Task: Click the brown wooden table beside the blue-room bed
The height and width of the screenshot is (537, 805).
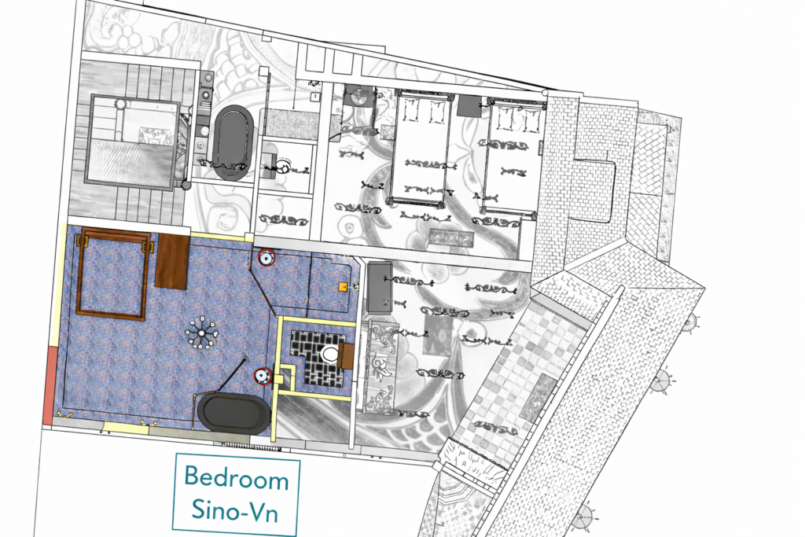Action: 172,261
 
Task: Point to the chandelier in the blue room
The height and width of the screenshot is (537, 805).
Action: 201,333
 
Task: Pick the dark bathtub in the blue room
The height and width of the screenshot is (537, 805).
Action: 234,412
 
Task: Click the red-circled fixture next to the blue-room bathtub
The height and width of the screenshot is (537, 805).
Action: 263,376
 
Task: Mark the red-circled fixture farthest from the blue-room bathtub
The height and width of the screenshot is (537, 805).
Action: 266,258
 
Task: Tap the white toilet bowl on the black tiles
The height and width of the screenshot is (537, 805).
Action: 329,354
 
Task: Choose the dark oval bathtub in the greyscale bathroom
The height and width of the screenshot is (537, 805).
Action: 233,142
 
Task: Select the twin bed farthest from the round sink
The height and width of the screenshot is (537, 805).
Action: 511,155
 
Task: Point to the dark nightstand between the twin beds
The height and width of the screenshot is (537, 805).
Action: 469,106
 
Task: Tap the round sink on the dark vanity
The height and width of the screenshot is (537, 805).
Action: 359,94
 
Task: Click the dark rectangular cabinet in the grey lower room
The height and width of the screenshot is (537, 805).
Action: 380,287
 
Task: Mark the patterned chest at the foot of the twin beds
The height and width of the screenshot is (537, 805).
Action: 451,238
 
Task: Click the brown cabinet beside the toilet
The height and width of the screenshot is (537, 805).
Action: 346,355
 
